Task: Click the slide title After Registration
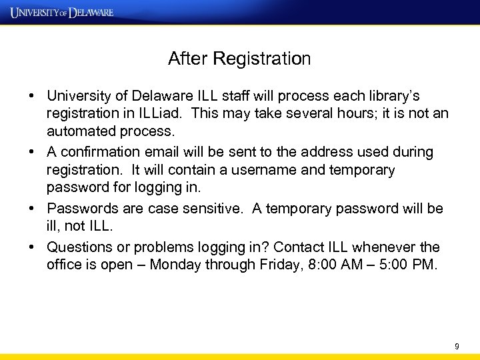(x=239, y=59)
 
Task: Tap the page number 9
(x=457, y=346)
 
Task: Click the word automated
(x=81, y=132)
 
